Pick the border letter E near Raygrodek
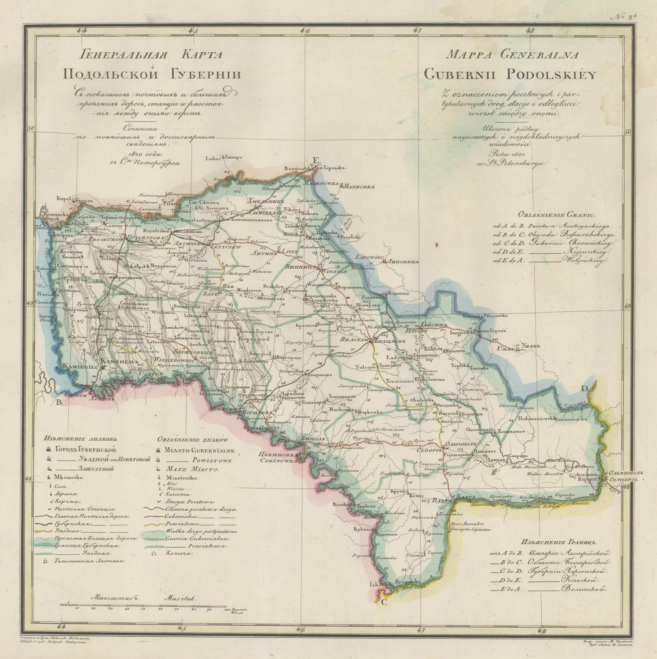tap(316, 160)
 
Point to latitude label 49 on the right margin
tap(627, 306)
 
